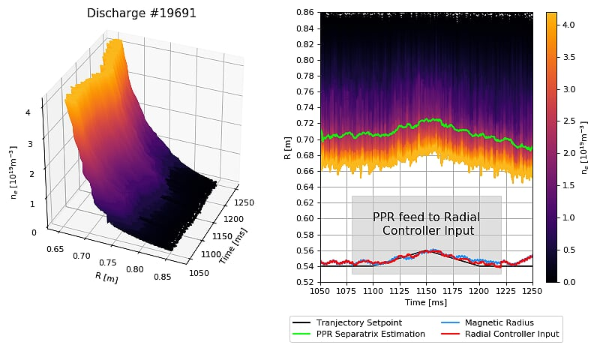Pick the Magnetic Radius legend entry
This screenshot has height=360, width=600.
tap(499, 322)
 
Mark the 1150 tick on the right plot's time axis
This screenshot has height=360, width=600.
tap(426, 290)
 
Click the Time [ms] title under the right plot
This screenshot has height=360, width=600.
tap(426, 302)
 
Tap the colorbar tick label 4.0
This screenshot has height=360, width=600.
tap(570, 25)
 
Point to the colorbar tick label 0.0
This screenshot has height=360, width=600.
tap(570, 282)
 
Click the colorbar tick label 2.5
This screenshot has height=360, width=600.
tap(570, 121)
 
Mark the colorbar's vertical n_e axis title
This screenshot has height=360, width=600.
tap(586, 147)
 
